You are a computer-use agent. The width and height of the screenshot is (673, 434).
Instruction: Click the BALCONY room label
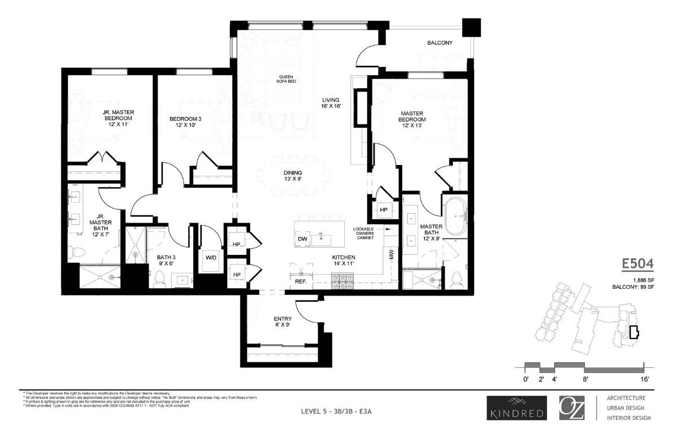pyautogui.click(x=439, y=42)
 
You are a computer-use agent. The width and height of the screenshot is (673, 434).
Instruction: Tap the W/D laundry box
pyautogui.click(x=211, y=258)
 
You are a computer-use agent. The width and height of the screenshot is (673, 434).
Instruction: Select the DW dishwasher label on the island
pyautogui.click(x=302, y=239)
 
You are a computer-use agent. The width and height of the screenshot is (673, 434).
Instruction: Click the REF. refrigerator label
pyautogui.click(x=300, y=281)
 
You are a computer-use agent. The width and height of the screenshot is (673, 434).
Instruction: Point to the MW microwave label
pyautogui.click(x=391, y=255)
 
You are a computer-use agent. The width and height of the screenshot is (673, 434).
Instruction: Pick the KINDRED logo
pyautogui.click(x=516, y=408)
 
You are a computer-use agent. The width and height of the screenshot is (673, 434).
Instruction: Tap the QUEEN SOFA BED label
pyautogui.click(x=285, y=80)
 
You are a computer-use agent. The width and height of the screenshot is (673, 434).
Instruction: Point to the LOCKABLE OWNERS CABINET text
pyautogui.click(x=364, y=233)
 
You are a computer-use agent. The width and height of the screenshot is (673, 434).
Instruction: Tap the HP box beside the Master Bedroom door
pyautogui.click(x=383, y=209)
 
